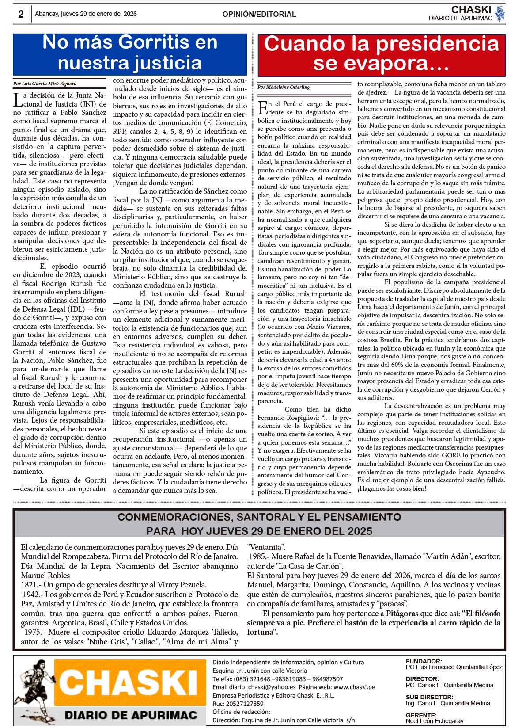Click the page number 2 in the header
(x=21, y=14)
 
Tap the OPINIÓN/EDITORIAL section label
(x=259, y=14)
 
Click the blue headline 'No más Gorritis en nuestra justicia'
(x=130, y=53)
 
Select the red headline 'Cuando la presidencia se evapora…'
(x=381, y=54)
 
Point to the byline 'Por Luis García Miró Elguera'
(x=45, y=83)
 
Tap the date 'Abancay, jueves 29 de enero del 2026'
(x=86, y=14)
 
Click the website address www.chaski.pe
(x=354, y=687)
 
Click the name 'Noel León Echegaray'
(x=435, y=721)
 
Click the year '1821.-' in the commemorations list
(x=32, y=585)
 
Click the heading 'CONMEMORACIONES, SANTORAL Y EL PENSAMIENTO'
(x=259, y=517)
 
